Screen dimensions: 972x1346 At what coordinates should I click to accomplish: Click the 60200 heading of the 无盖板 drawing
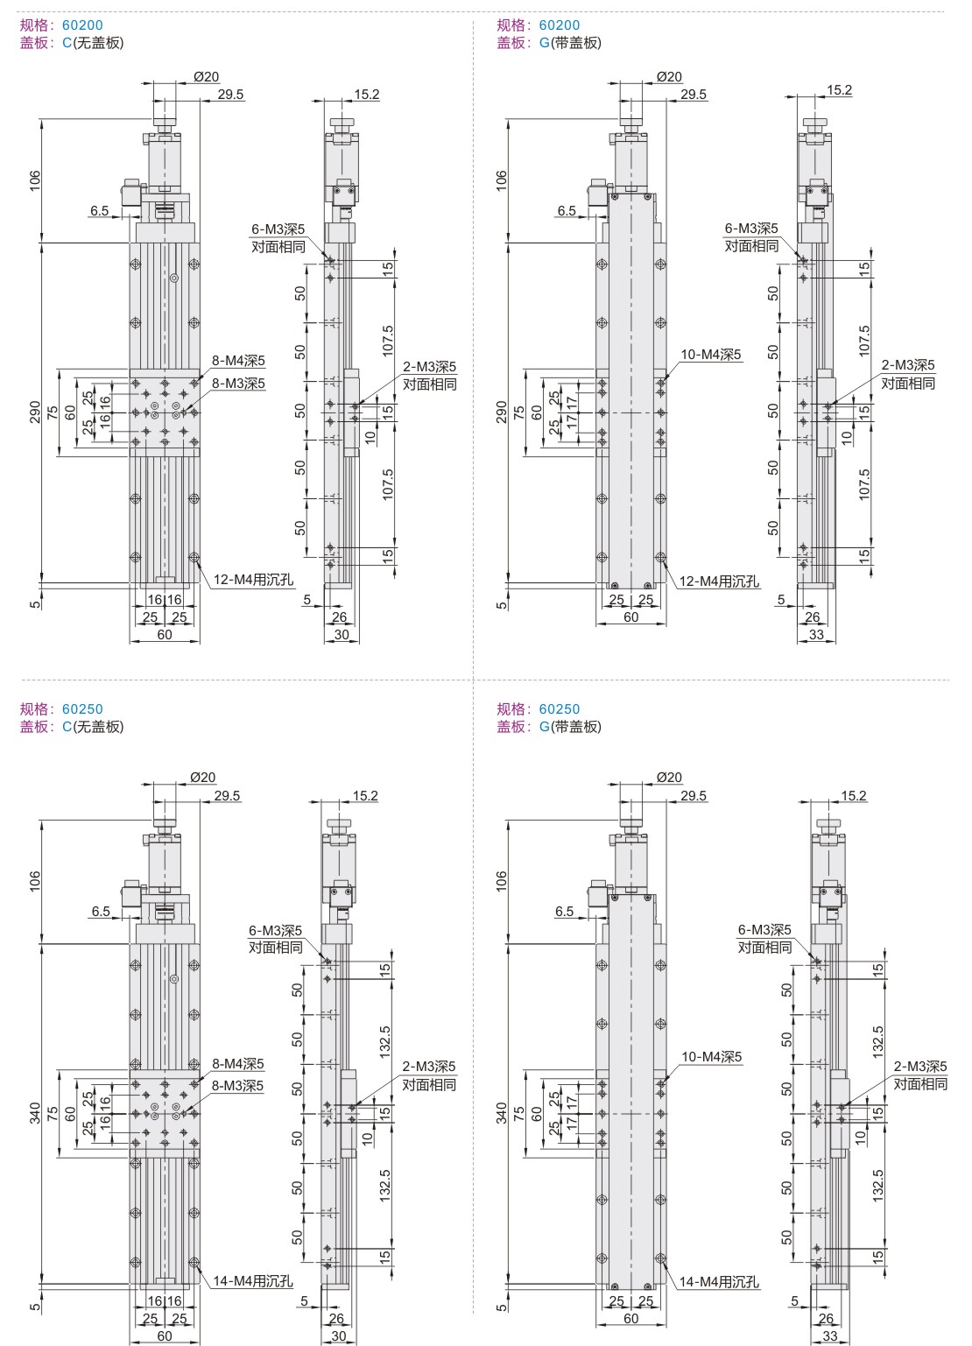tap(82, 25)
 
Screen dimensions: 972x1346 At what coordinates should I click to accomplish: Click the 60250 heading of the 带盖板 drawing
tap(560, 709)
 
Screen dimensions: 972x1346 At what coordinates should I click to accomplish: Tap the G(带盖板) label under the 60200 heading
tap(570, 43)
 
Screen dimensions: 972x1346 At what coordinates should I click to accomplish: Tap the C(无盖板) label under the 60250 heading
tap(93, 727)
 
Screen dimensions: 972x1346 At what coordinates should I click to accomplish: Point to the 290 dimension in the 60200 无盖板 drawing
tap(35, 412)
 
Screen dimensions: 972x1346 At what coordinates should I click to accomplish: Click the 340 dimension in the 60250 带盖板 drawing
tap(502, 1113)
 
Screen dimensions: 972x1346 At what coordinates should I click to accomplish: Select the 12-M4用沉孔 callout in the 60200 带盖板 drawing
tap(719, 581)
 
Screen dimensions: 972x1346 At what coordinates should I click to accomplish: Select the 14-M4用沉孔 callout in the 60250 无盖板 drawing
tap(253, 1281)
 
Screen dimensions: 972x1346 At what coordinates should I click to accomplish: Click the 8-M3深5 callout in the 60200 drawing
tap(238, 384)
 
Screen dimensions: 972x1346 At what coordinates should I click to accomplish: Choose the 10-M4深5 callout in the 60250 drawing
tap(712, 1056)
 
